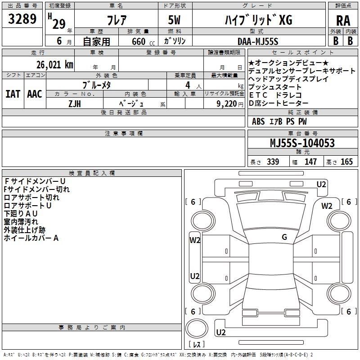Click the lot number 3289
(x=22, y=20)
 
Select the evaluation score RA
(x=343, y=21)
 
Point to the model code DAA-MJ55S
(x=258, y=41)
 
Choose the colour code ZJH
(x=75, y=103)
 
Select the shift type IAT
(x=13, y=94)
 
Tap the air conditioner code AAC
(x=35, y=94)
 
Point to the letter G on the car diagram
(x=284, y=237)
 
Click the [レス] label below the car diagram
(x=198, y=345)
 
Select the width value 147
(x=310, y=162)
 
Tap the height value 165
(x=346, y=162)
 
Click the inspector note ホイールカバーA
(x=31, y=238)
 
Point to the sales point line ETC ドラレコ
(x=275, y=95)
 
